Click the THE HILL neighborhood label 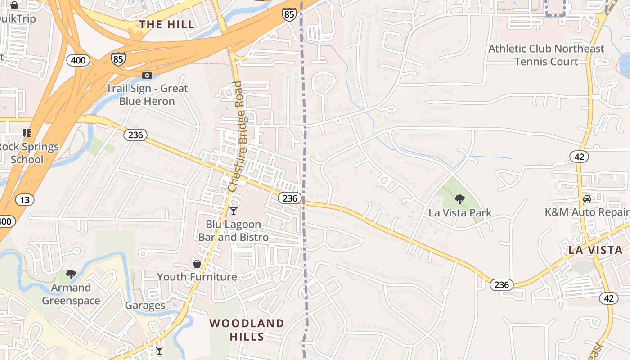tap(167, 24)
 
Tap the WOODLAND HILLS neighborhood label tap(247, 329)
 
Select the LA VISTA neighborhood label tap(595, 250)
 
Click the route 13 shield tap(24, 199)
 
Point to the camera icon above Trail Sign tap(147, 75)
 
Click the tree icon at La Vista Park tap(459, 199)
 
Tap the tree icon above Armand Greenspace tap(71, 274)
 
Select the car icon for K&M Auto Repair tap(587, 198)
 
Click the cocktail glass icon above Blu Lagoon tap(233, 211)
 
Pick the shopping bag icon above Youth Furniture tap(197, 263)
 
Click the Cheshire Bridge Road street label tap(238, 136)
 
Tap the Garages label tap(145, 306)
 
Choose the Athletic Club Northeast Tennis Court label tap(546, 55)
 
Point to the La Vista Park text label tap(460, 213)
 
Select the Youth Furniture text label tap(197, 277)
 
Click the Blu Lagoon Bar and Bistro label tap(233, 230)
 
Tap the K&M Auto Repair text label tap(586, 212)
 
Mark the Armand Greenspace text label tap(71, 294)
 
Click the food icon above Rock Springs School tap(27, 133)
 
